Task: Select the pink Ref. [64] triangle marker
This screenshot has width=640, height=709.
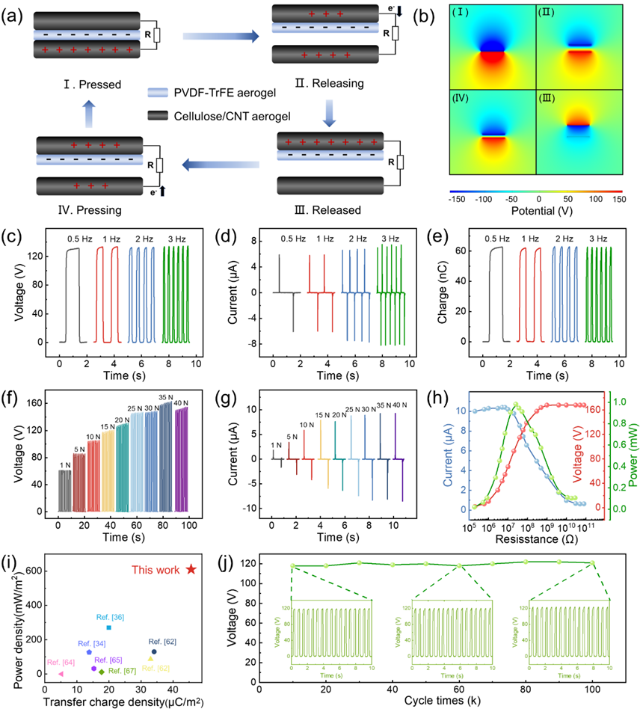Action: pyautogui.click(x=61, y=674)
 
